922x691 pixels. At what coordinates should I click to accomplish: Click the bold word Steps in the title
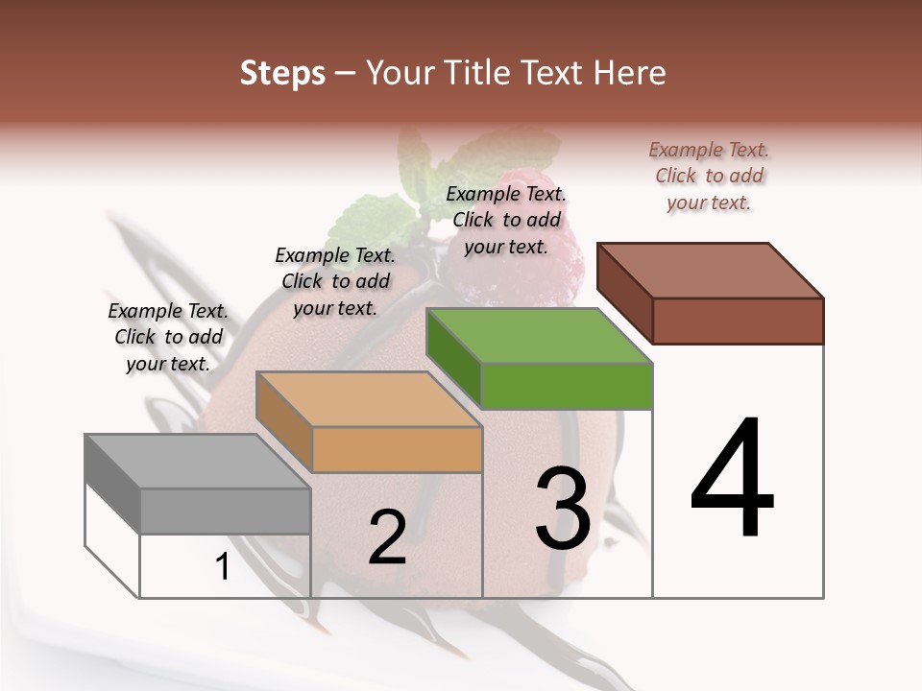[x=282, y=73]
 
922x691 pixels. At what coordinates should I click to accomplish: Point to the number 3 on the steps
[x=563, y=509]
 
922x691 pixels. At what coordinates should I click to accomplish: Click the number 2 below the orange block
[x=387, y=537]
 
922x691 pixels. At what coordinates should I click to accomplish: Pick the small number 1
[x=223, y=567]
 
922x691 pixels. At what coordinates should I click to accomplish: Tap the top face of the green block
[x=539, y=336]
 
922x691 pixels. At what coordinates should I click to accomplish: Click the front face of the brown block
[x=738, y=321]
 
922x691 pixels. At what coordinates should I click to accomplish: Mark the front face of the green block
[x=567, y=386]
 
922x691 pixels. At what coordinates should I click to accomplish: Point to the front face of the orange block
[x=397, y=449]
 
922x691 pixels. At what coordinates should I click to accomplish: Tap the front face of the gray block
[x=226, y=511]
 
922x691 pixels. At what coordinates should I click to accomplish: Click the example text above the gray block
[x=168, y=337]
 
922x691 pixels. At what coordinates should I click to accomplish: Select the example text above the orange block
[x=335, y=281]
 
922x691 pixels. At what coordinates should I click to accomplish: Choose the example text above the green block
[x=506, y=220]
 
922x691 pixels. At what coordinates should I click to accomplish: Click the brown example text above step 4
[x=709, y=176]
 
